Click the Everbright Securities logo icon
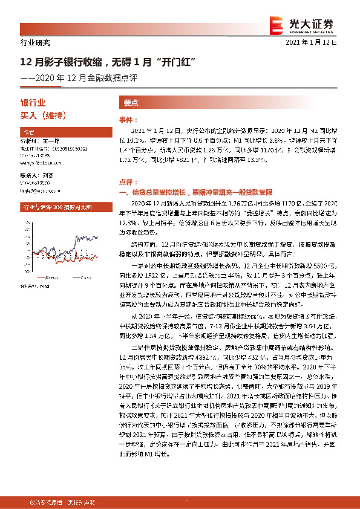277,24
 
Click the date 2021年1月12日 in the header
319,43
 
